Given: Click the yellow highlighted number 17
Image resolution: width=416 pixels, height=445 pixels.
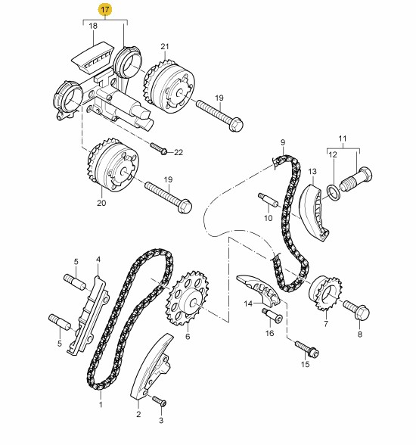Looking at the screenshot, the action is point(105,10).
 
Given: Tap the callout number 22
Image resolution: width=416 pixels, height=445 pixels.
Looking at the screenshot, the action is point(179,153).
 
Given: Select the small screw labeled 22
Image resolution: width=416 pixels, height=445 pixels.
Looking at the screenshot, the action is point(158,148).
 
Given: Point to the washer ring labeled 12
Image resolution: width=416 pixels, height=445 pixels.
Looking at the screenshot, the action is point(334,192).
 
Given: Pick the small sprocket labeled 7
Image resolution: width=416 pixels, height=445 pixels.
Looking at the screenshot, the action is point(325,293).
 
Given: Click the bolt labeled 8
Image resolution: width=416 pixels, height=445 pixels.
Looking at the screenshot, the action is point(356,309).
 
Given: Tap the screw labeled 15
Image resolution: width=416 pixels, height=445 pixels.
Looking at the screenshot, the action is point(307,350).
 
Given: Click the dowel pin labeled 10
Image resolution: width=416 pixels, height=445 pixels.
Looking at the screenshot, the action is point(268,201).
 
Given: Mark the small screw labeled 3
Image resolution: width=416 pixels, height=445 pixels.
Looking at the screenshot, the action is point(159,401).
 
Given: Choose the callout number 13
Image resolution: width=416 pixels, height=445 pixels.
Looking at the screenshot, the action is point(312,171).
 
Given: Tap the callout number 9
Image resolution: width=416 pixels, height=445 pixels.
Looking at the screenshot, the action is point(283,142).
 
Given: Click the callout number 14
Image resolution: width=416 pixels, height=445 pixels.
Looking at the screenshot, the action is point(248,304).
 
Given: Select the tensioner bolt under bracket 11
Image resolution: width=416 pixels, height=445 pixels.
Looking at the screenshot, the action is point(356,179).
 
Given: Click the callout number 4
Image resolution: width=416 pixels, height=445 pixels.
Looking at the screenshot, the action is point(98,260).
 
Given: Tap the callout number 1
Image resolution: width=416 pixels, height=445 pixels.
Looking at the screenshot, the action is point(101,404).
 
